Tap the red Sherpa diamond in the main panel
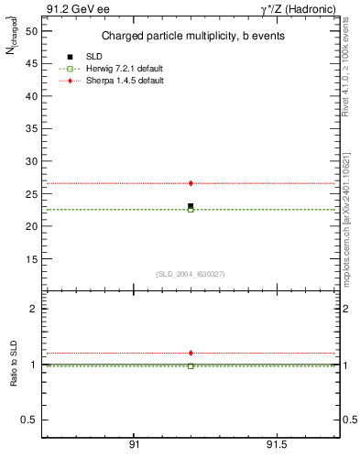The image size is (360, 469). point(191,183)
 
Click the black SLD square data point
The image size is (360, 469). point(191,206)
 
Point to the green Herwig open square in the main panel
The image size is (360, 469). point(191,210)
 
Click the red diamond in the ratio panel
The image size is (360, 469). point(191,353)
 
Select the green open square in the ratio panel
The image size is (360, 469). point(191,366)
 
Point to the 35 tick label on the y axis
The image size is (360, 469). point(31,128)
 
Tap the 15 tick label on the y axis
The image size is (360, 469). point(31,258)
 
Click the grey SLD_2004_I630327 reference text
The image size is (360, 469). point(190,273)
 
